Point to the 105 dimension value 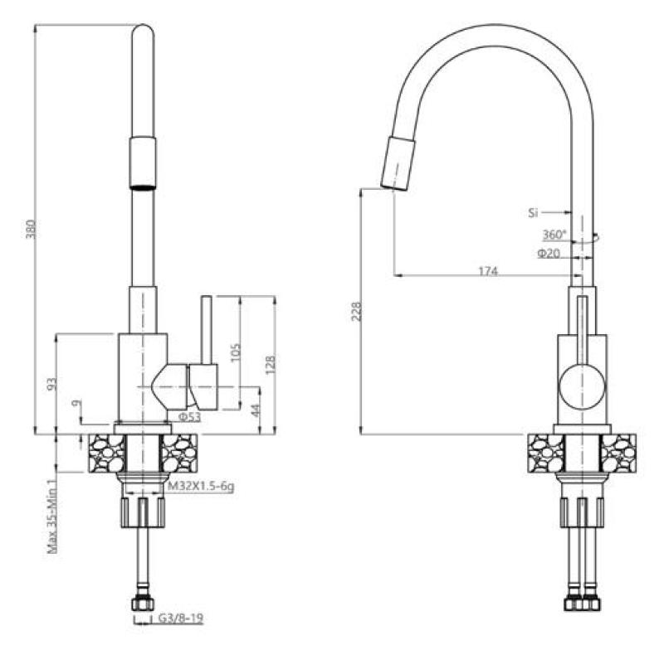click(235, 350)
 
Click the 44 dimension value click(256, 410)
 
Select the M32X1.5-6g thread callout click(200, 487)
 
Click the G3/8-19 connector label click(181, 618)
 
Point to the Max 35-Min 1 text click(51, 515)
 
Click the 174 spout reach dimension click(486, 269)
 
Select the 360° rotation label click(554, 235)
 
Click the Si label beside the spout click(533, 213)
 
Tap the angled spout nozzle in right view click(396, 164)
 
